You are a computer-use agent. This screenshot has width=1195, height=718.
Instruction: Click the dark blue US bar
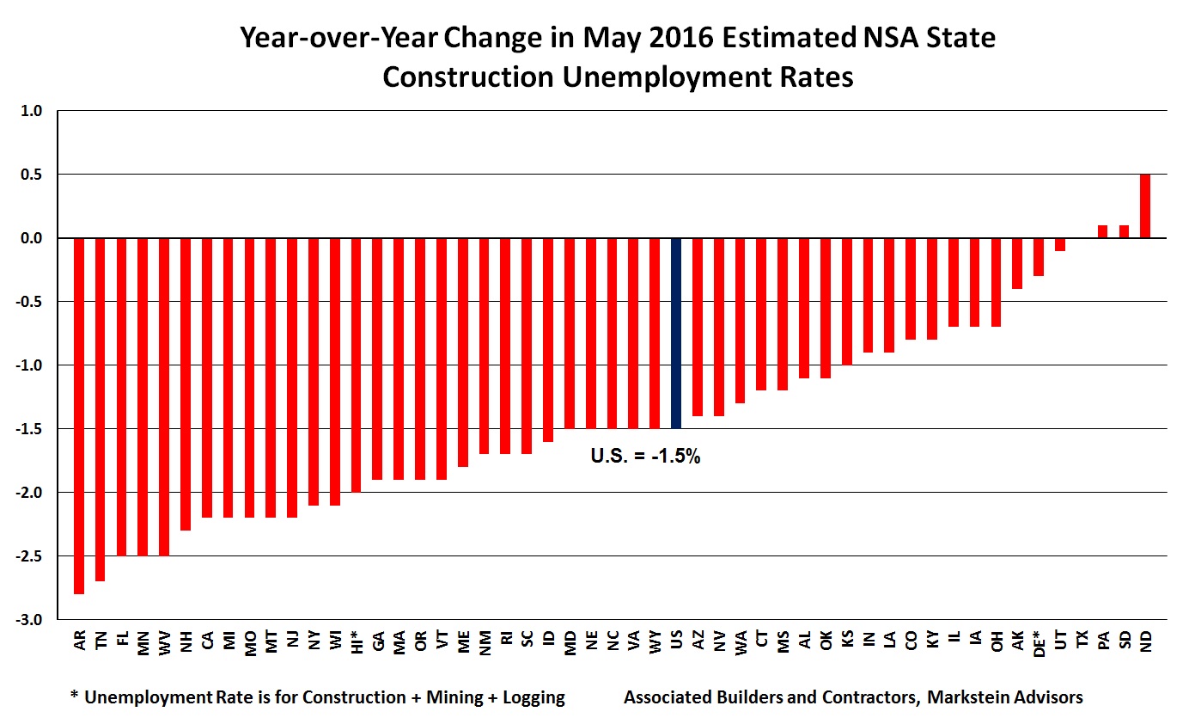[x=676, y=333]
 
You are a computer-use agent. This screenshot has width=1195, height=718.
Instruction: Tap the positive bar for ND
[x=1145, y=206]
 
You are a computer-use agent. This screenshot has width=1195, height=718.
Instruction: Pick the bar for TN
[x=100, y=409]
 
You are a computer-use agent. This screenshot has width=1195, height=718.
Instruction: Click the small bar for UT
[x=1060, y=244]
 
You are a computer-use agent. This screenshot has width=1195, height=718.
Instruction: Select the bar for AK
[x=1017, y=263]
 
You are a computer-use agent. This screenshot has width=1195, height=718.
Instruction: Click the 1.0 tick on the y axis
[x=42, y=111]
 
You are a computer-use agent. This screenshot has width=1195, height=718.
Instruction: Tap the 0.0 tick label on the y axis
[x=42, y=238]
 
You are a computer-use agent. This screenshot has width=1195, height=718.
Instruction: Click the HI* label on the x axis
[x=357, y=641]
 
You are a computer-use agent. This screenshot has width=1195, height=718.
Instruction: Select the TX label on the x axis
[x=1081, y=639]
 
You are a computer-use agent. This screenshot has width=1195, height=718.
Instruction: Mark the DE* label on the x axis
[x=1039, y=641]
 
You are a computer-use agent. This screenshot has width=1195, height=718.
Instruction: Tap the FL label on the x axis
[x=121, y=639]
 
